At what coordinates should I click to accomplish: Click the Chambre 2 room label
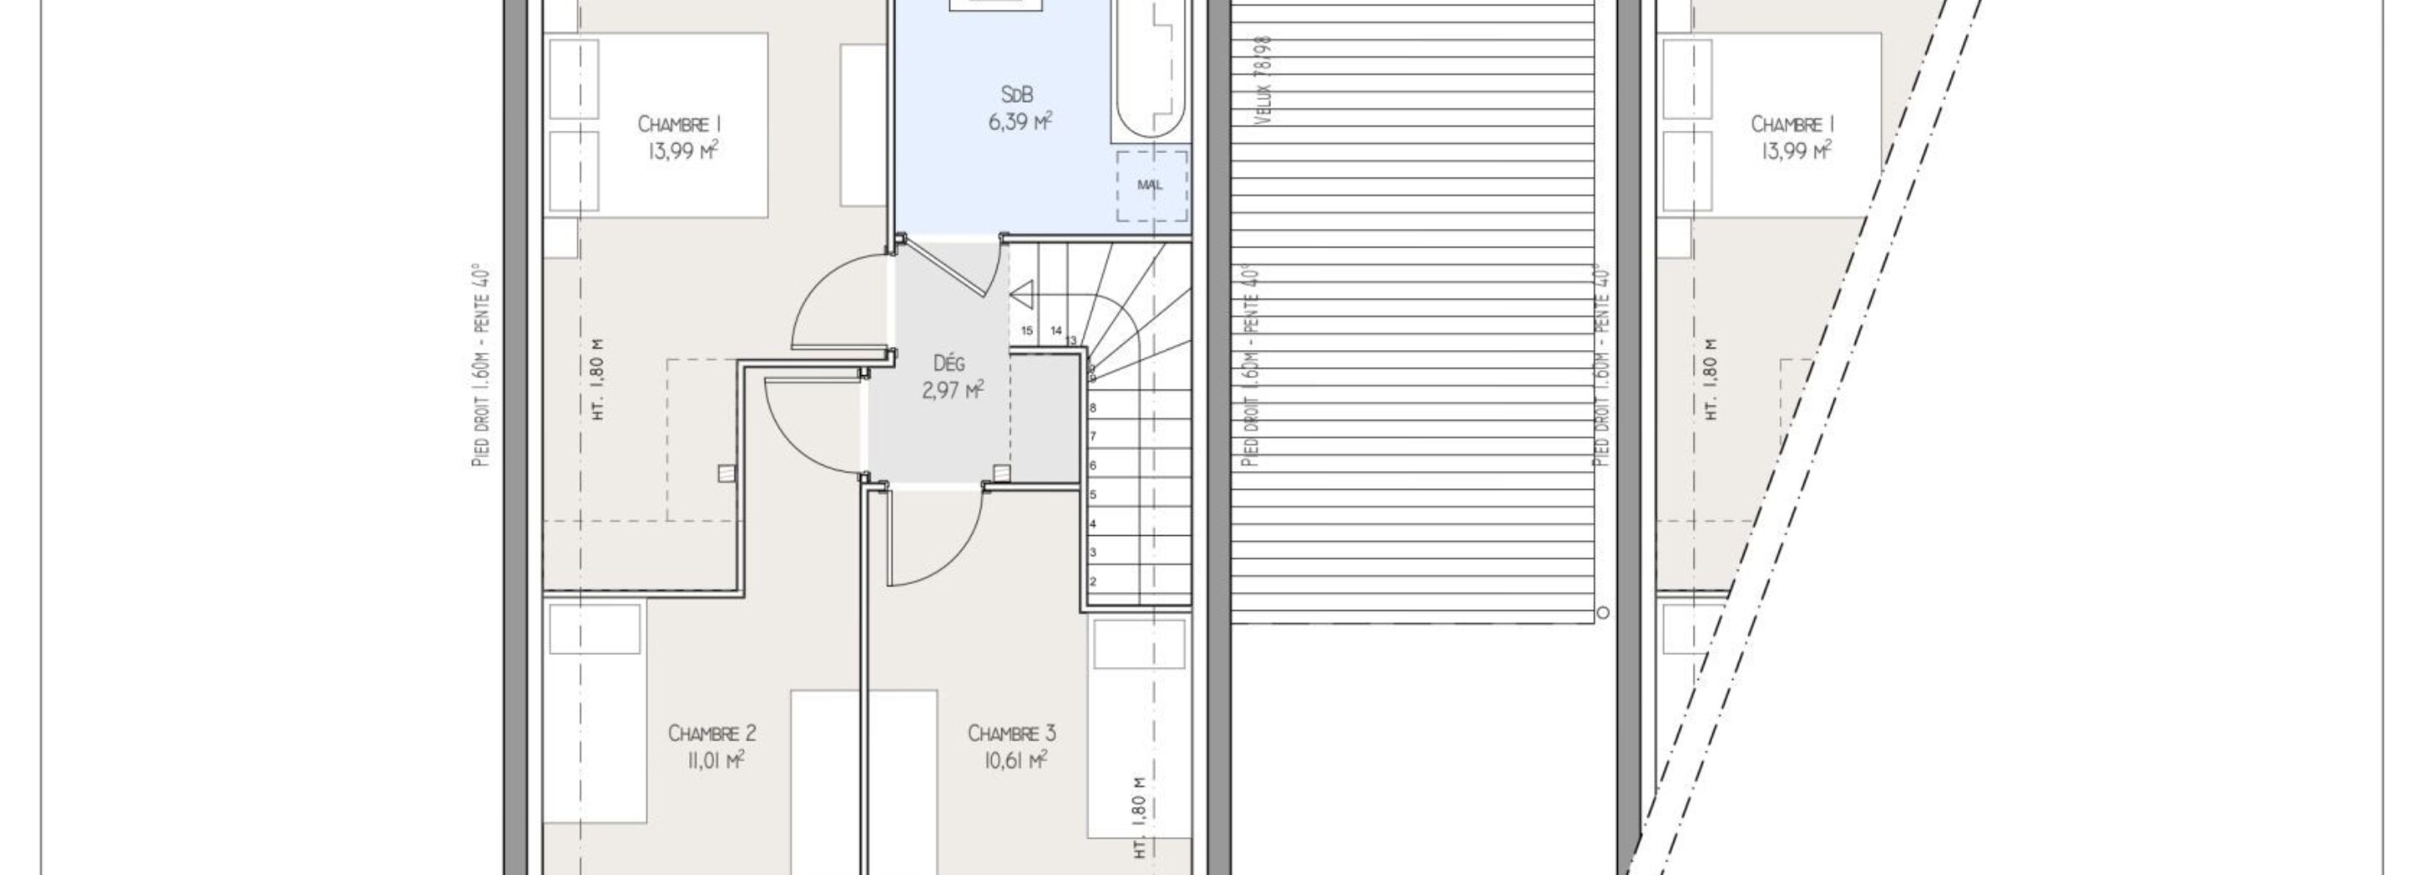[711, 733]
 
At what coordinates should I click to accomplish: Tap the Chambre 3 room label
[1011, 733]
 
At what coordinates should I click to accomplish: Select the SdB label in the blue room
[1017, 95]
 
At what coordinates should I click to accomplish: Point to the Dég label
[949, 363]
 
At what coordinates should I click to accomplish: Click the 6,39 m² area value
[1020, 122]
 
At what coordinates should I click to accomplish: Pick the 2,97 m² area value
[953, 390]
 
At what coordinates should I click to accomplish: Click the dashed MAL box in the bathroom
[1151, 185]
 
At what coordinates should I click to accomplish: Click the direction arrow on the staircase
[1021, 295]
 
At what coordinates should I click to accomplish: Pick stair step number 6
[1093, 466]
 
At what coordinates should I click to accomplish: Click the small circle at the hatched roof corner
[1603, 612]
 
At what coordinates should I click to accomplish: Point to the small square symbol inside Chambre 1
[725, 473]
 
